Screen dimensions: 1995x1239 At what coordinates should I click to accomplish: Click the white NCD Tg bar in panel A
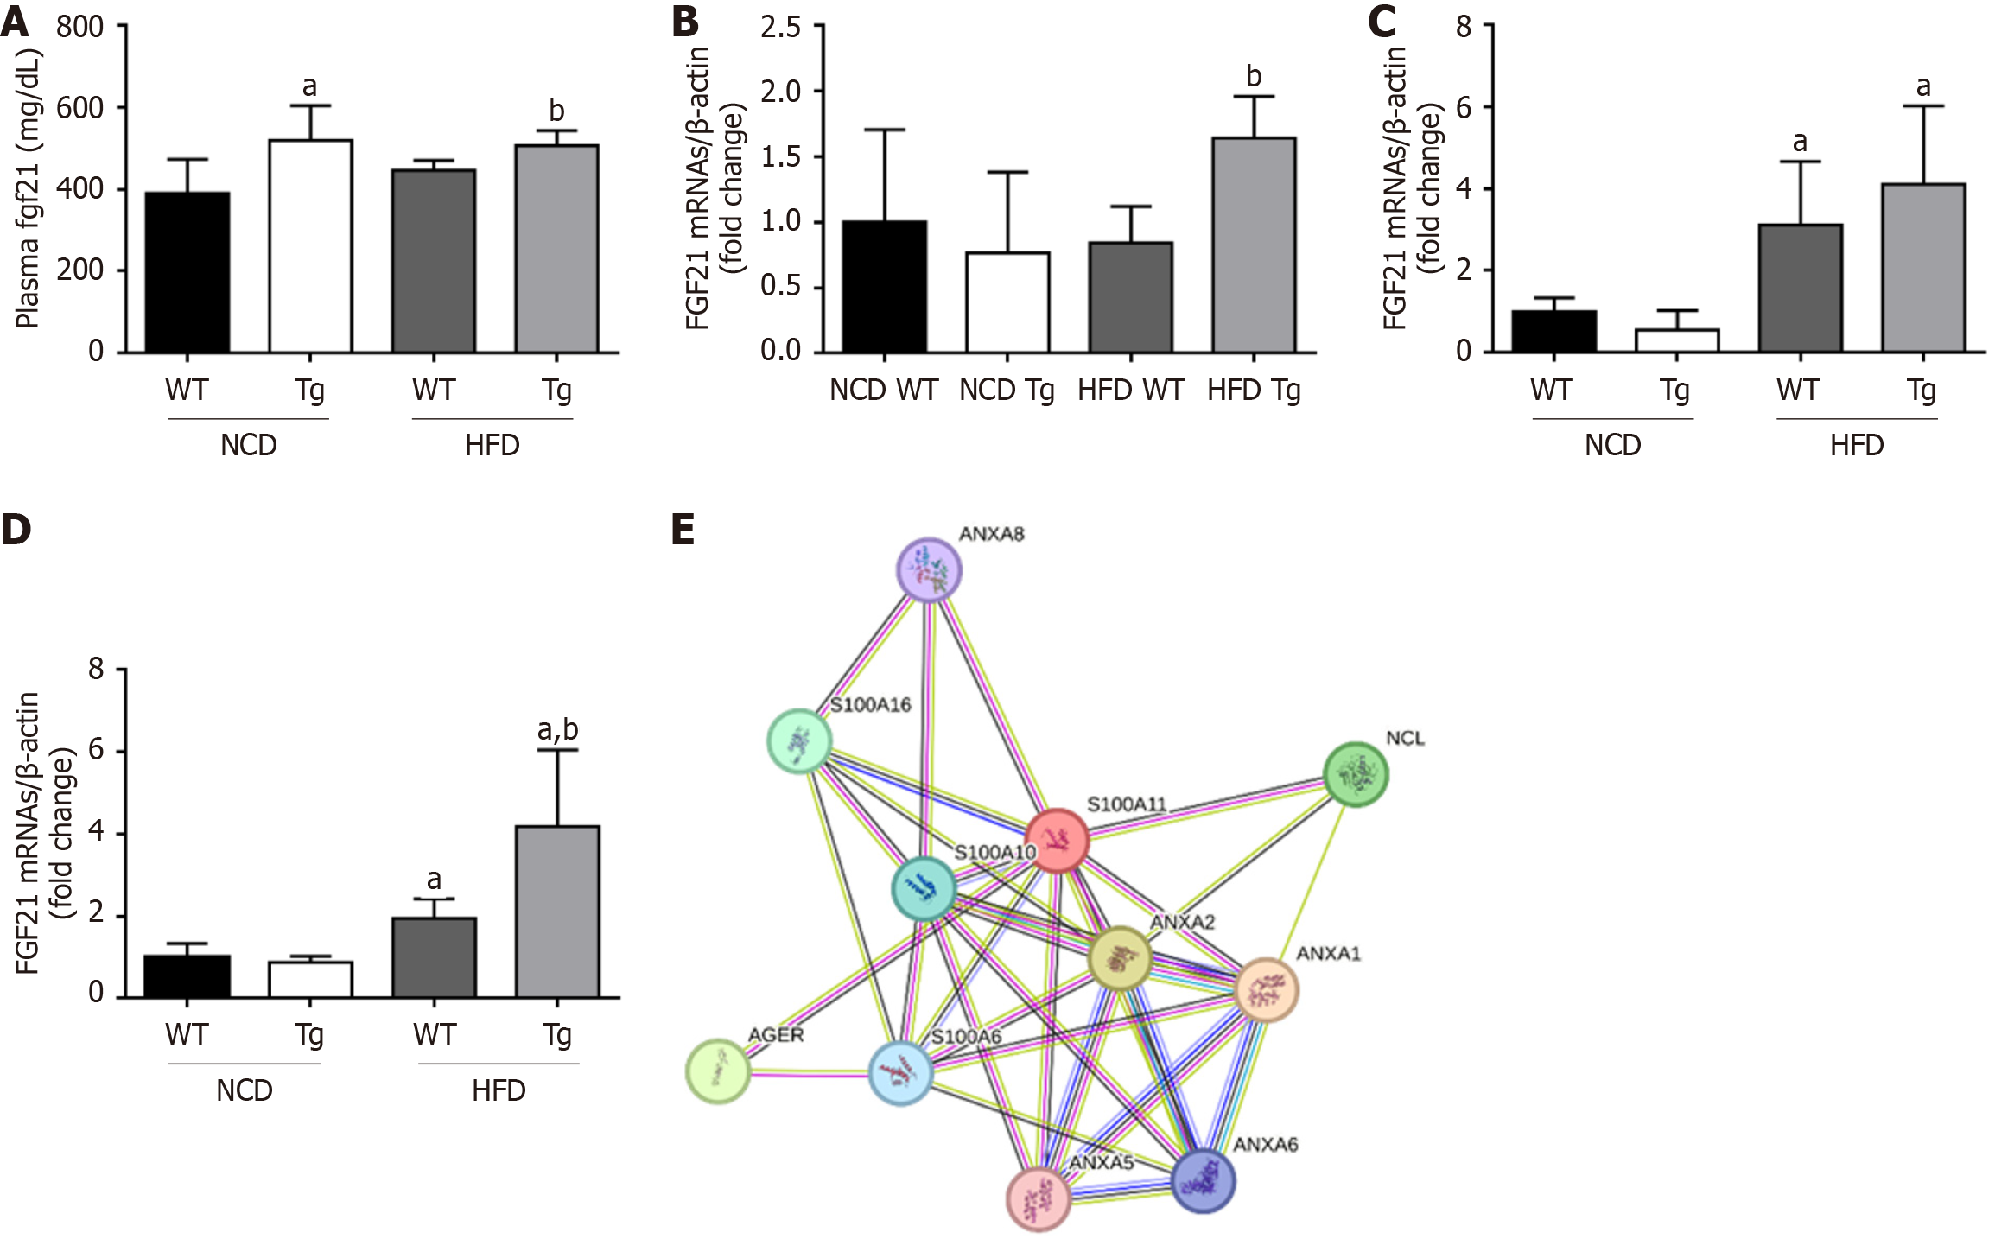click(x=310, y=246)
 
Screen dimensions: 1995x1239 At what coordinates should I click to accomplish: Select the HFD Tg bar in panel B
click(x=1254, y=245)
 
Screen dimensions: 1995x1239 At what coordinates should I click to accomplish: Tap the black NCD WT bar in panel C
click(x=1553, y=331)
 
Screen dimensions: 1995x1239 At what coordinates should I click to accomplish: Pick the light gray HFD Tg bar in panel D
click(x=557, y=912)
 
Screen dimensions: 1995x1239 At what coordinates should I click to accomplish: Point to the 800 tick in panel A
click(x=79, y=28)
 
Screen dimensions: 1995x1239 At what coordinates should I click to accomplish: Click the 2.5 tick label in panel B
click(x=780, y=28)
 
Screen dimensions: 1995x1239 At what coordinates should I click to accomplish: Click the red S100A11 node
click(x=1057, y=840)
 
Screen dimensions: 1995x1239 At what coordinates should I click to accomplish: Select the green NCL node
click(x=1356, y=774)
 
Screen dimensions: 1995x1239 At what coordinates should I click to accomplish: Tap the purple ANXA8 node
click(x=929, y=569)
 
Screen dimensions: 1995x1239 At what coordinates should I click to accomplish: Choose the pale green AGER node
click(x=718, y=1071)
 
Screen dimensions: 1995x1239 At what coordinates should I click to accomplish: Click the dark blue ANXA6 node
click(x=1203, y=1181)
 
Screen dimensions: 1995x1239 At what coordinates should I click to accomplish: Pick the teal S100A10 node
click(x=924, y=888)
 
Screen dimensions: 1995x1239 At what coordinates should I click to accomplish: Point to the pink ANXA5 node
click(x=1039, y=1199)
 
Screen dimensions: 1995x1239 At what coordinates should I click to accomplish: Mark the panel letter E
click(x=683, y=529)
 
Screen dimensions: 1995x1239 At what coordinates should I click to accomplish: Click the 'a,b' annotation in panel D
click(x=557, y=730)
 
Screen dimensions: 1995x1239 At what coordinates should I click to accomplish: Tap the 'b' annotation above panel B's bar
click(x=1254, y=77)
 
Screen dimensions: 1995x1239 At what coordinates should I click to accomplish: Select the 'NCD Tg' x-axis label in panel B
click(x=1007, y=391)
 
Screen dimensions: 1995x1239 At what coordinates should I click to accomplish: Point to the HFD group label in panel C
click(x=1857, y=446)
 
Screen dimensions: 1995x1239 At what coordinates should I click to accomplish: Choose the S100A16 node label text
click(x=871, y=705)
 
